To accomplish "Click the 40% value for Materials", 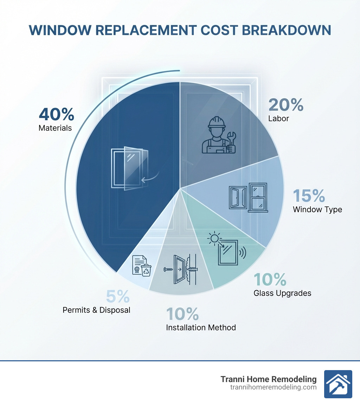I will (56, 114).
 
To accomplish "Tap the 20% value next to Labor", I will (285, 105).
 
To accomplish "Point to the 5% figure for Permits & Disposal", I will (117, 297).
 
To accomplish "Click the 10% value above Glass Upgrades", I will (270, 279).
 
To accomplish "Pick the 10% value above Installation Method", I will (182, 314).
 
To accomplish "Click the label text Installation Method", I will (201, 328).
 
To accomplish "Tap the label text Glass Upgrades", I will (282, 293).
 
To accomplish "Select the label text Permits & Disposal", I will (96, 310).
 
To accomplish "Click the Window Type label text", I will (317, 210).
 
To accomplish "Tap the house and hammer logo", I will (338, 384).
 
